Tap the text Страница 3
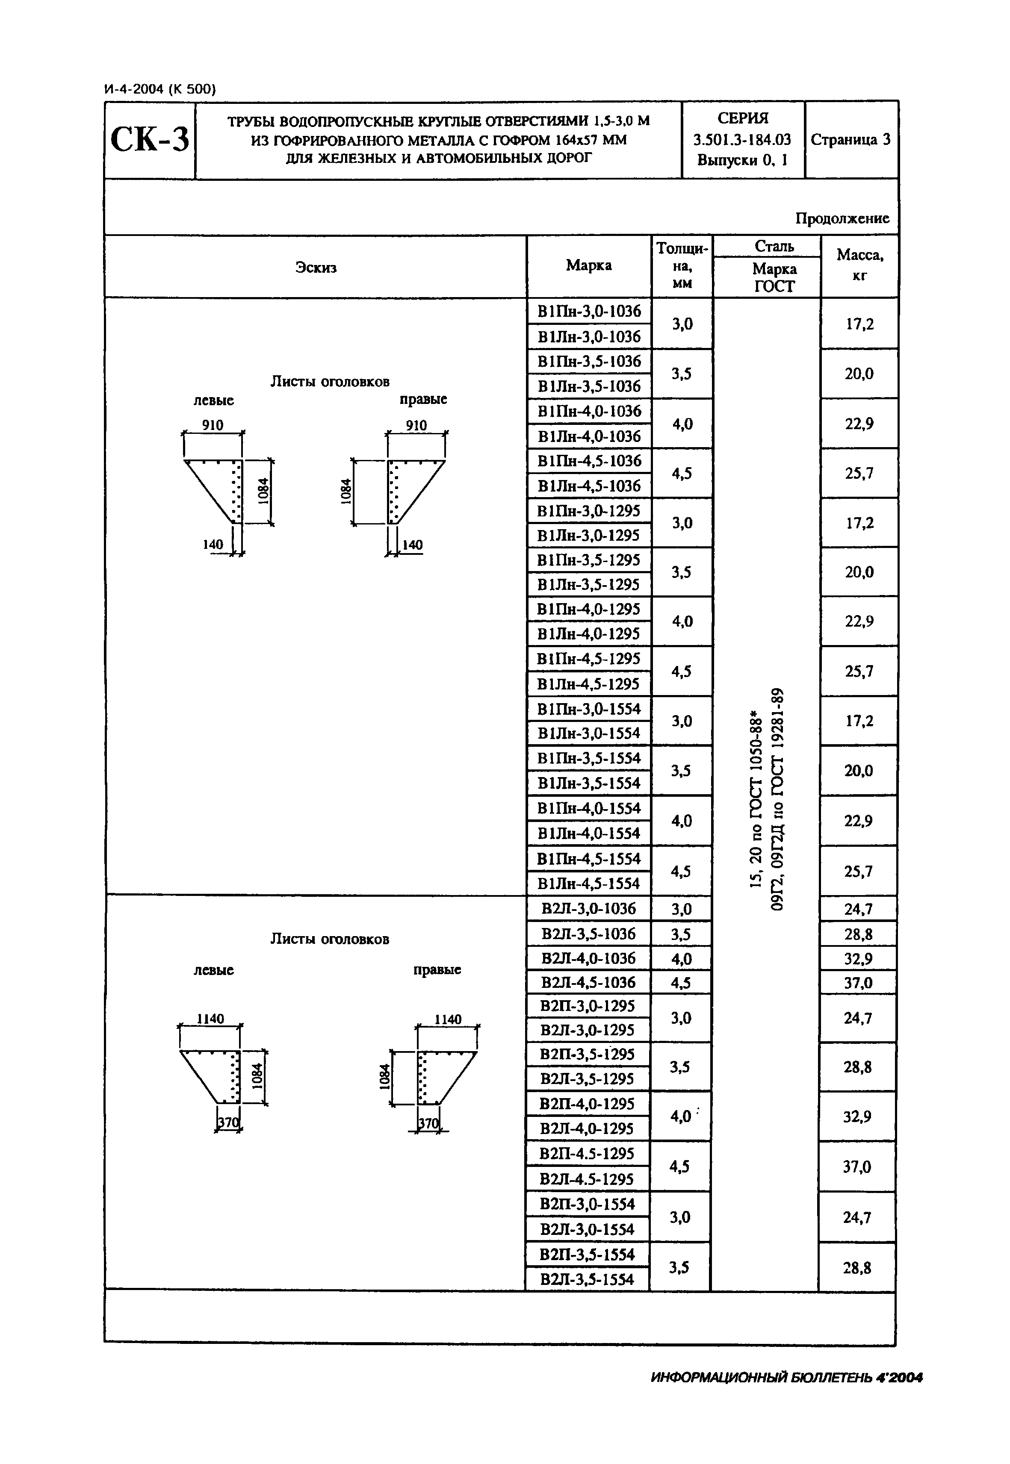(x=851, y=140)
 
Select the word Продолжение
(x=842, y=218)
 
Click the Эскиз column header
(x=316, y=268)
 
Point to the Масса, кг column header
(x=859, y=265)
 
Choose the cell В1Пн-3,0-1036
(x=589, y=311)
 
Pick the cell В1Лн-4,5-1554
(x=589, y=883)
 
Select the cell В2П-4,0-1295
(x=587, y=1104)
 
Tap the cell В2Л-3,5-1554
(x=587, y=1279)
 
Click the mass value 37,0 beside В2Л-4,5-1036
(x=858, y=983)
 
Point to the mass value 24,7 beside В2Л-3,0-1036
(x=858, y=909)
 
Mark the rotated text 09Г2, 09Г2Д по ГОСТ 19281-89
(x=777, y=800)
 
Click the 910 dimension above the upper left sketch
(x=213, y=425)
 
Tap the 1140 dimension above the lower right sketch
(x=448, y=1019)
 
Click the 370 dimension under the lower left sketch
(x=228, y=1123)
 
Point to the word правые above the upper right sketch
(x=423, y=399)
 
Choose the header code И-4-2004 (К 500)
(x=160, y=89)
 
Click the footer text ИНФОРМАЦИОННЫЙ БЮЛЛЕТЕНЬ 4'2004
(x=787, y=1377)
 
